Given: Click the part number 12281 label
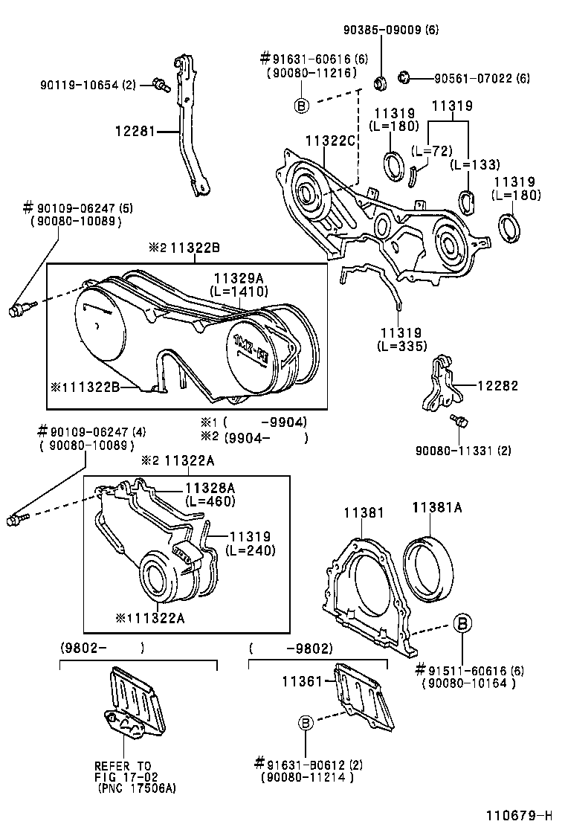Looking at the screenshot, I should click(135, 132).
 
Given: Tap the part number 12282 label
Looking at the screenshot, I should click(497, 386).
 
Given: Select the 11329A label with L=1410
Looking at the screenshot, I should click(239, 283).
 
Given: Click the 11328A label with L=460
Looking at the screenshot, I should click(210, 494).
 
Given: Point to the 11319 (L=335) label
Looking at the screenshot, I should click(401, 339).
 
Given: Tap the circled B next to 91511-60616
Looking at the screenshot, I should click(462, 622).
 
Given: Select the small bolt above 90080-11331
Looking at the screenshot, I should click(459, 422).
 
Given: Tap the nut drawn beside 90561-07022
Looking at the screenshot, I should click(406, 76).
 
